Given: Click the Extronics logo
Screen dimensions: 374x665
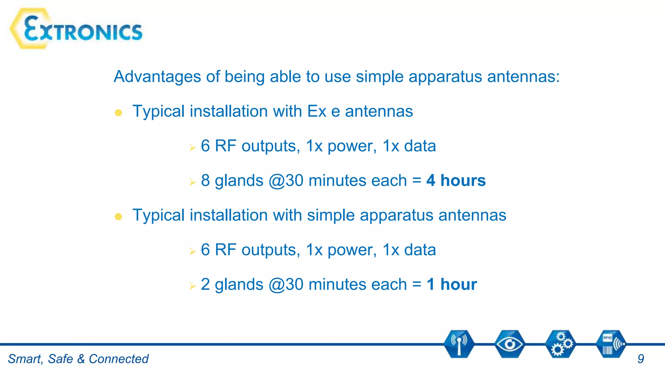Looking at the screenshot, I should coord(77,29).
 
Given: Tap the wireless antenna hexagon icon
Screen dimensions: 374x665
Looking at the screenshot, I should coord(459,344).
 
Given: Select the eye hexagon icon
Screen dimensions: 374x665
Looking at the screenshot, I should coord(509,344).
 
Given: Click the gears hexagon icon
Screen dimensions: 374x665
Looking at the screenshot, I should coord(560,344).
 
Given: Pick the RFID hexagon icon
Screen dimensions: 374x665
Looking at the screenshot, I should coord(611,344).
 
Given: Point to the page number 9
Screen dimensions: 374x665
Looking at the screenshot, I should coord(640,359).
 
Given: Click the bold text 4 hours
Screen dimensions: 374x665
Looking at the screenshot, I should coord(456,181).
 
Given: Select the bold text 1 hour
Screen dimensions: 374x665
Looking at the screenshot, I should coord(452,284).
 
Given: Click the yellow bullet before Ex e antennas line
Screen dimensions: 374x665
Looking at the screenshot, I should coord(119,113).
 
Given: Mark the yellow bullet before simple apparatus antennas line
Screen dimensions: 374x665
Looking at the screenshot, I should coord(119,217).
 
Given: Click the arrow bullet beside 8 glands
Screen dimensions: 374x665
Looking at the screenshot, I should coord(193,182).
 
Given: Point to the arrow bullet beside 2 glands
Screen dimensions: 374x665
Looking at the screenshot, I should coord(193,286).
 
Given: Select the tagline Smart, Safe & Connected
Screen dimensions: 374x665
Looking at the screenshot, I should coord(78,359).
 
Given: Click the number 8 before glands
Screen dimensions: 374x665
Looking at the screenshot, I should coord(205,181).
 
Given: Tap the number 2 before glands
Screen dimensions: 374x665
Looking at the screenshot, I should coord(205,284).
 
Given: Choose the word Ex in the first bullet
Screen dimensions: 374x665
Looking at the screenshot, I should coord(317,111).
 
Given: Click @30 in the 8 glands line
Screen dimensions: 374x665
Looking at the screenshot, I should coord(286,181).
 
